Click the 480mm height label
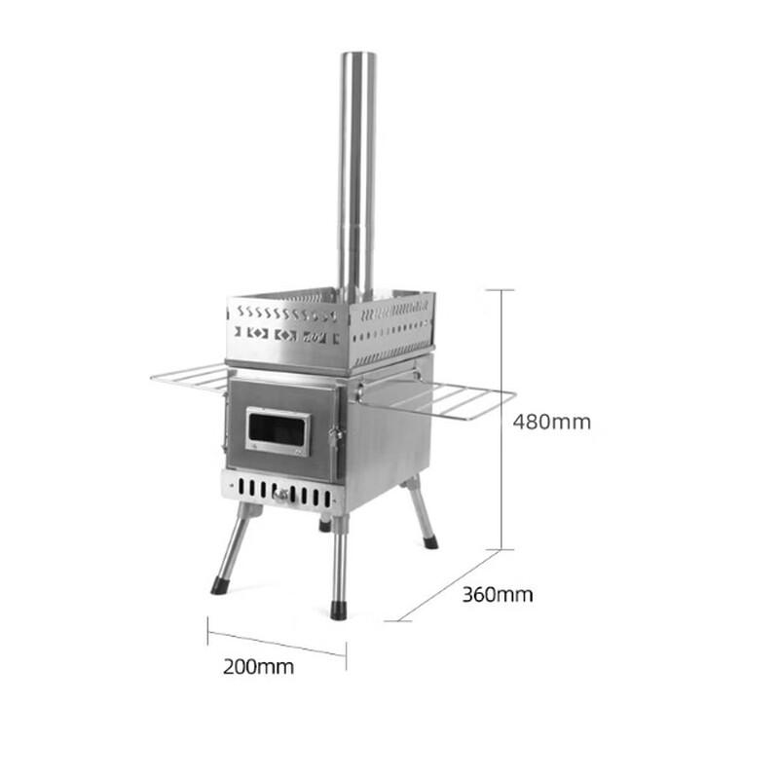(x=551, y=422)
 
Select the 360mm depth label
(x=497, y=594)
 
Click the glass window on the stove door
(x=278, y=430)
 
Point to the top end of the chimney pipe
(x=357, y=56)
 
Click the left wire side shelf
(x=191, y=376)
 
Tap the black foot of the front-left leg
(x=219, y=586)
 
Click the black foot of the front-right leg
(x=338, y=611)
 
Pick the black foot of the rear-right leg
(x=429, y=541)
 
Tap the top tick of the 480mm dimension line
(x=501, y=289)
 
